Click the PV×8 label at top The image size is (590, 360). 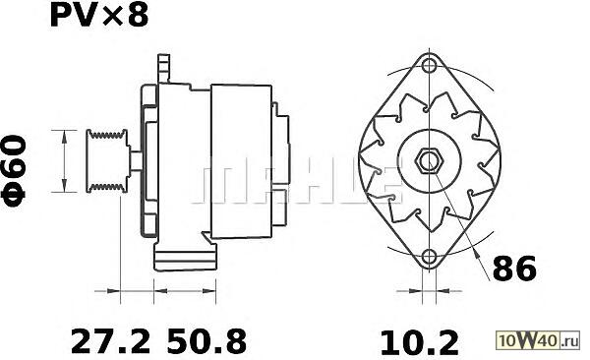click(99, 15)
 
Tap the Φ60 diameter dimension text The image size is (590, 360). click(15, 171)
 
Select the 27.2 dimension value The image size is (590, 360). click(110, 341)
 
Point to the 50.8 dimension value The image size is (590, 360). click(206, 341)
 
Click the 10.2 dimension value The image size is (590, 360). click(420, 342)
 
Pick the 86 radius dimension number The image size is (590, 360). click(514, 269)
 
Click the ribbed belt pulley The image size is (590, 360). click(107, 161)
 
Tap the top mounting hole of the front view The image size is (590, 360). click(429, 66)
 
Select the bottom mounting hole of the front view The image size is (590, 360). click(429, 257)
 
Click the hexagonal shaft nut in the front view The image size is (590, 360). click(429, 161)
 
